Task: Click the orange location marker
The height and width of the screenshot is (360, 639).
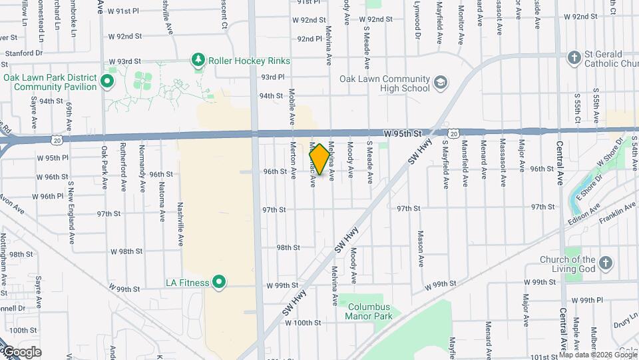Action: (x=319, y=159)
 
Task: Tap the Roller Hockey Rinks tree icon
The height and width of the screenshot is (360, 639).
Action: (x=198, y=61)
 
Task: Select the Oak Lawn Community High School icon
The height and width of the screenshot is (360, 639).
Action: (x=439, y=83)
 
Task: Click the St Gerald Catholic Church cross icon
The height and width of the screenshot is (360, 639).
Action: (x=574, y=58)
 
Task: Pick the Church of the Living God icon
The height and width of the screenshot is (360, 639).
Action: (x=605, y=263)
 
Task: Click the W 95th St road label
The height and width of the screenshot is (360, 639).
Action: (x=403, y=134)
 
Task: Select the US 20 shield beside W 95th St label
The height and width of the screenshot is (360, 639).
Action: (x=453, y=134)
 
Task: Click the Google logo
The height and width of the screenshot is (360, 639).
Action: (x=21, y=352)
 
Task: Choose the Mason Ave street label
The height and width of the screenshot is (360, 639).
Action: (x=421, y=246)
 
